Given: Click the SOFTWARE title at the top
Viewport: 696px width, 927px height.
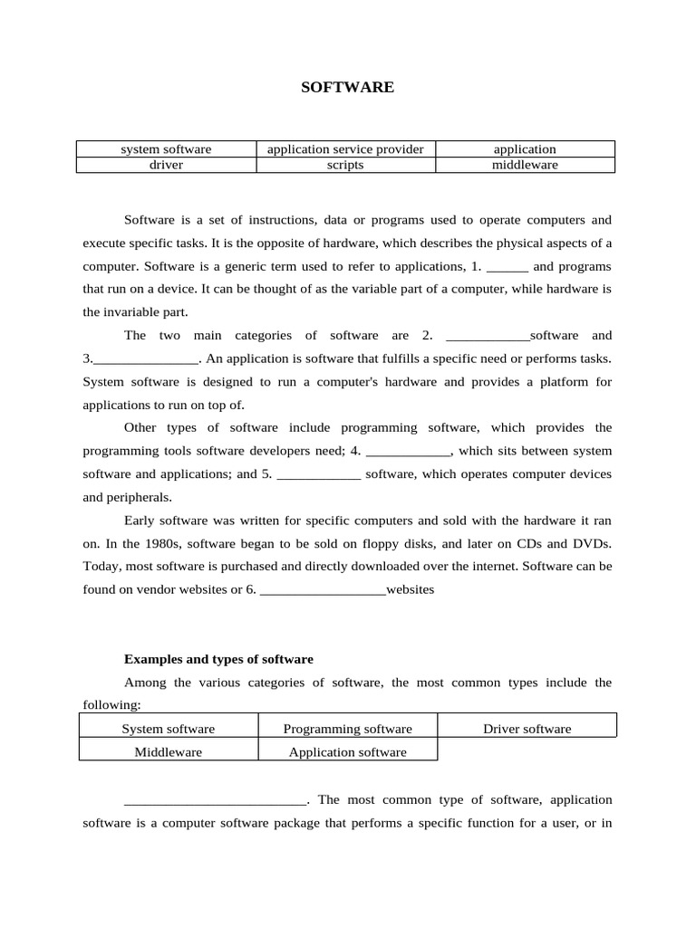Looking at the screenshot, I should point(348,88).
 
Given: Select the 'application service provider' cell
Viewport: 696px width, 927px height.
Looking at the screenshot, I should point(345,149).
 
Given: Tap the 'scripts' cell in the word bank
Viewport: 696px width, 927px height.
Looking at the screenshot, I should point(345,165).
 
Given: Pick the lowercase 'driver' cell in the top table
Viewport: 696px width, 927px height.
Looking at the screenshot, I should point(166,165).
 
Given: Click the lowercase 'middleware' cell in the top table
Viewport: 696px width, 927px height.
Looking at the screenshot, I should point(525,165).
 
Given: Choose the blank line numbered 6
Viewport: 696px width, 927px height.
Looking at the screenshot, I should point(323,591).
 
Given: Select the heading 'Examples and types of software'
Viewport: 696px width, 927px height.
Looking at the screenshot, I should point(218,659).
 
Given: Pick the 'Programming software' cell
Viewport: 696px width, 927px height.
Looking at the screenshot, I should point(347,729).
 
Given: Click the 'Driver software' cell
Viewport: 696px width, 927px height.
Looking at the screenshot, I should point(527,729).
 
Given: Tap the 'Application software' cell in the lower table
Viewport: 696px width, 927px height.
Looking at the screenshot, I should point(347,752).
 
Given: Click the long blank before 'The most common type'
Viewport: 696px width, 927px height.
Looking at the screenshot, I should point(216,802).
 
